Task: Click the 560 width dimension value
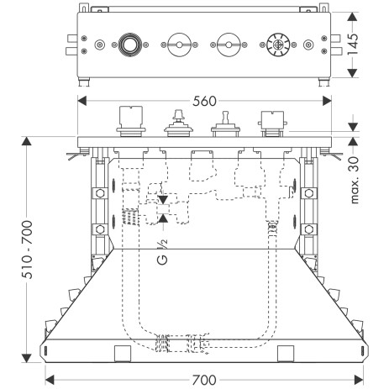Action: [204, 101]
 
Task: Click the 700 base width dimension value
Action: [204, 380]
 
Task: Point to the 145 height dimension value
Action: [353, 45]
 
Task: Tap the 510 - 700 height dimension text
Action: [27, 250]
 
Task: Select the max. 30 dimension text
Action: [354, 180]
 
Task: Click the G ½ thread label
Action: [162, 251]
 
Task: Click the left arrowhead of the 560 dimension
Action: [81, 101]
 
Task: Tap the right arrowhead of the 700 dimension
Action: [359, 380]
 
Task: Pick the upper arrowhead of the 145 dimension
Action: [353, 17]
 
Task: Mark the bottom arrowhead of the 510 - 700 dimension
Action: [27, 358]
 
